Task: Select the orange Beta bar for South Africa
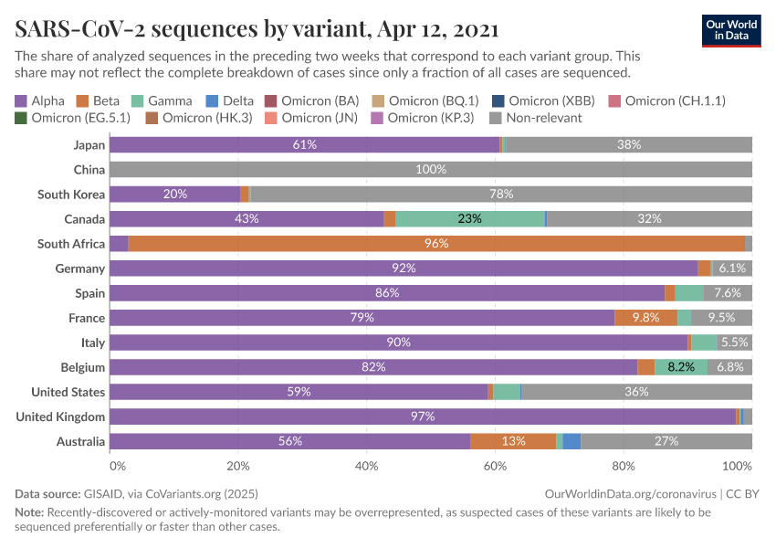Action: click(x=436, y=244)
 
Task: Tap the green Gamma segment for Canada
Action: click(x=470, y=219)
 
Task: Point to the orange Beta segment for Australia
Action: click(x=513, y=441)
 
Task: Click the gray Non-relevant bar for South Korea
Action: click(x=500, y=195)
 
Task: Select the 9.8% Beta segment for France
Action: click(x=645, y=318)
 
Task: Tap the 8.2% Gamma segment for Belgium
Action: click(x=681, y=367)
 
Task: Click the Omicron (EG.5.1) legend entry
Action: click(x=72, y=118)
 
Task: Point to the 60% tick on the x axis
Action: click(x=495, y=466)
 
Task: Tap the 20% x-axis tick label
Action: click(x=237, y=466)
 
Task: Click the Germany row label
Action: click(x=80, y=269)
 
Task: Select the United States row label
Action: click(x=68, y=392)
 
